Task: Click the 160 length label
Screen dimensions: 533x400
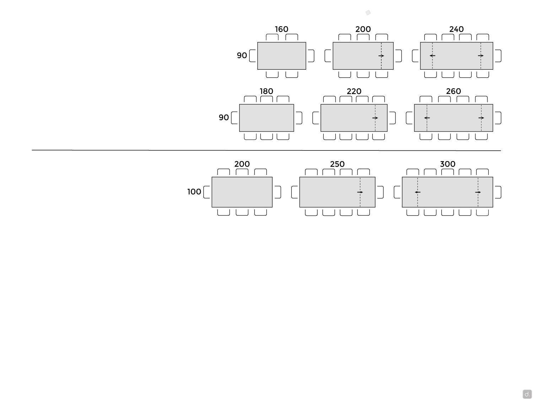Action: click(x=281, y=29)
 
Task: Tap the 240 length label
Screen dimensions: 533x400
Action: click(x=456, y=29)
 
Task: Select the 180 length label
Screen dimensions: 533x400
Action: click(x=266, y=91)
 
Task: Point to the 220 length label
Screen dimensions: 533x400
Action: click(x=354, y=91)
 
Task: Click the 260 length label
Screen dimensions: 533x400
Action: click(x=453, y=91)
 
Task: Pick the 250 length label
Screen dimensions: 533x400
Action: click(x=337, y=164)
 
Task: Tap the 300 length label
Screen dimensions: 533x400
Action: click(x=447, y=164)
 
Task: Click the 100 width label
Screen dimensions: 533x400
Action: click(x=194, y=192)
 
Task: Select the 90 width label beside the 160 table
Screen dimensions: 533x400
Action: click(x=242, y=55)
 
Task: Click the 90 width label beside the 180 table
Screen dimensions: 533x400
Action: click(x=224, y=117)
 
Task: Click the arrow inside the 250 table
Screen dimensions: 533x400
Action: click(x=360, y=192)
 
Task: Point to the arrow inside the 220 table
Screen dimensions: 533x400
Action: click(x=375, y=118)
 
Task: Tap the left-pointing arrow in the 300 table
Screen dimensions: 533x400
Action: click(x=418, y=192)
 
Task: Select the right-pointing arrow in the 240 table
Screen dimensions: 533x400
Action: click(x=480, y=55)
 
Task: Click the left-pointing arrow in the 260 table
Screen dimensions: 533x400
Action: click(x=427, y=118)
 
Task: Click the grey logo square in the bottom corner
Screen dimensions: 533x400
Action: click(x=527, y=394)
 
